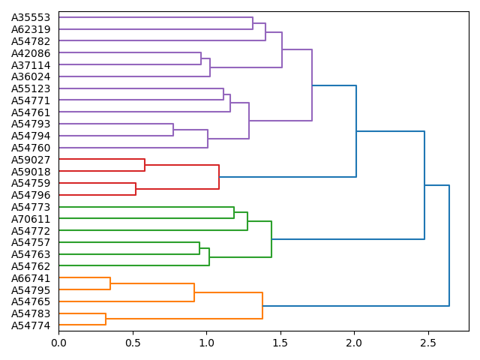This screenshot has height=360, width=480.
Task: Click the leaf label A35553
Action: (31, 17)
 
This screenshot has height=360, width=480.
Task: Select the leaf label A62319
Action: (31, 29)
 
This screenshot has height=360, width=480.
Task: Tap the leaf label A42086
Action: (31, 53)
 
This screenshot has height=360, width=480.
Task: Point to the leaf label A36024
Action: (31, 76)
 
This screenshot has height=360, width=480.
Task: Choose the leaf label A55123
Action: (31, 88)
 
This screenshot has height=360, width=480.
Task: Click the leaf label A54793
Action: (31, 124)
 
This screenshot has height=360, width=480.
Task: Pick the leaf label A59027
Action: (31, 160)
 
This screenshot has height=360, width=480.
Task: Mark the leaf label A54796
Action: (31, 195)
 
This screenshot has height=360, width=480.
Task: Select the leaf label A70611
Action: (31, 219)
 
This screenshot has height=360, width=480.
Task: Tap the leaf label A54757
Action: (31, 242)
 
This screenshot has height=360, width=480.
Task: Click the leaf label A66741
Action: (31, 278)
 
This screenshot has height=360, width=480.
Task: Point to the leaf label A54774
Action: (31, 325)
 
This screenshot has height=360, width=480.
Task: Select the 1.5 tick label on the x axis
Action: (280, 343)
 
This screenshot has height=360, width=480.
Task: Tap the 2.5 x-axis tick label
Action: (427, 343)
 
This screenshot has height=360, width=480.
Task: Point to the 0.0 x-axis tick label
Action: (58, 343)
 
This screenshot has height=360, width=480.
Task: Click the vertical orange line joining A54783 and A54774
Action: (106, 319)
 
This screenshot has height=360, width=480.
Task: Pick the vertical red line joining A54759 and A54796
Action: (136, 189)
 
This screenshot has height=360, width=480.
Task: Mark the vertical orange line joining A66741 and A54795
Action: (110, 284)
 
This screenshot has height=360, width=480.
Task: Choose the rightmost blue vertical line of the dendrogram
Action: (449, 245)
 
